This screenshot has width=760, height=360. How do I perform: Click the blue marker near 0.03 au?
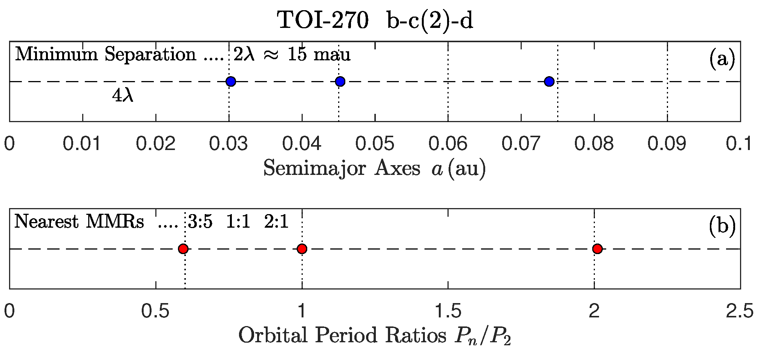231,81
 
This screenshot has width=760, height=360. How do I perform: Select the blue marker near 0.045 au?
340,81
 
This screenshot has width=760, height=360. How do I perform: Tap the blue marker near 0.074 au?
549,81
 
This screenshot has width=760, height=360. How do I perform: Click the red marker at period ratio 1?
302,249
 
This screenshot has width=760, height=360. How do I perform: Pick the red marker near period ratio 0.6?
183,249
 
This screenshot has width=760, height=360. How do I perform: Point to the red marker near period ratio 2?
597,249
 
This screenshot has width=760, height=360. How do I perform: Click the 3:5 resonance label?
200,222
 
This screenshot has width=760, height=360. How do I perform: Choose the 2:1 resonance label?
276,222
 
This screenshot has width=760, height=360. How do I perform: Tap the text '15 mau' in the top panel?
319,55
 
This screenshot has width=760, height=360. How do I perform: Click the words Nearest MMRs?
79,222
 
